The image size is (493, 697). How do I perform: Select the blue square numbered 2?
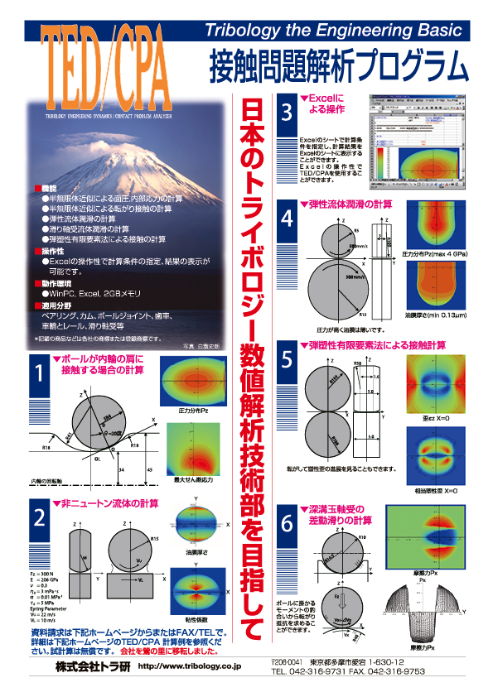[x=39, y=518]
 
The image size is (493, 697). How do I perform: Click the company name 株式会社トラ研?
[x=89, y=665]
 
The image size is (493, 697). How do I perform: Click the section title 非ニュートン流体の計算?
[x=108, y=503]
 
